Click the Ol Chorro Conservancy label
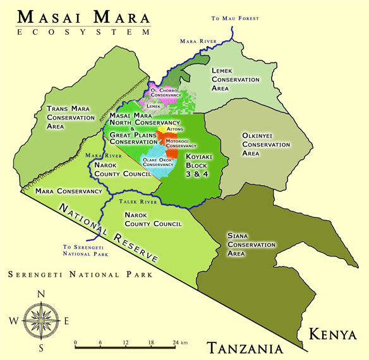tap(166, 92)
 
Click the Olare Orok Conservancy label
tap(158, 162)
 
